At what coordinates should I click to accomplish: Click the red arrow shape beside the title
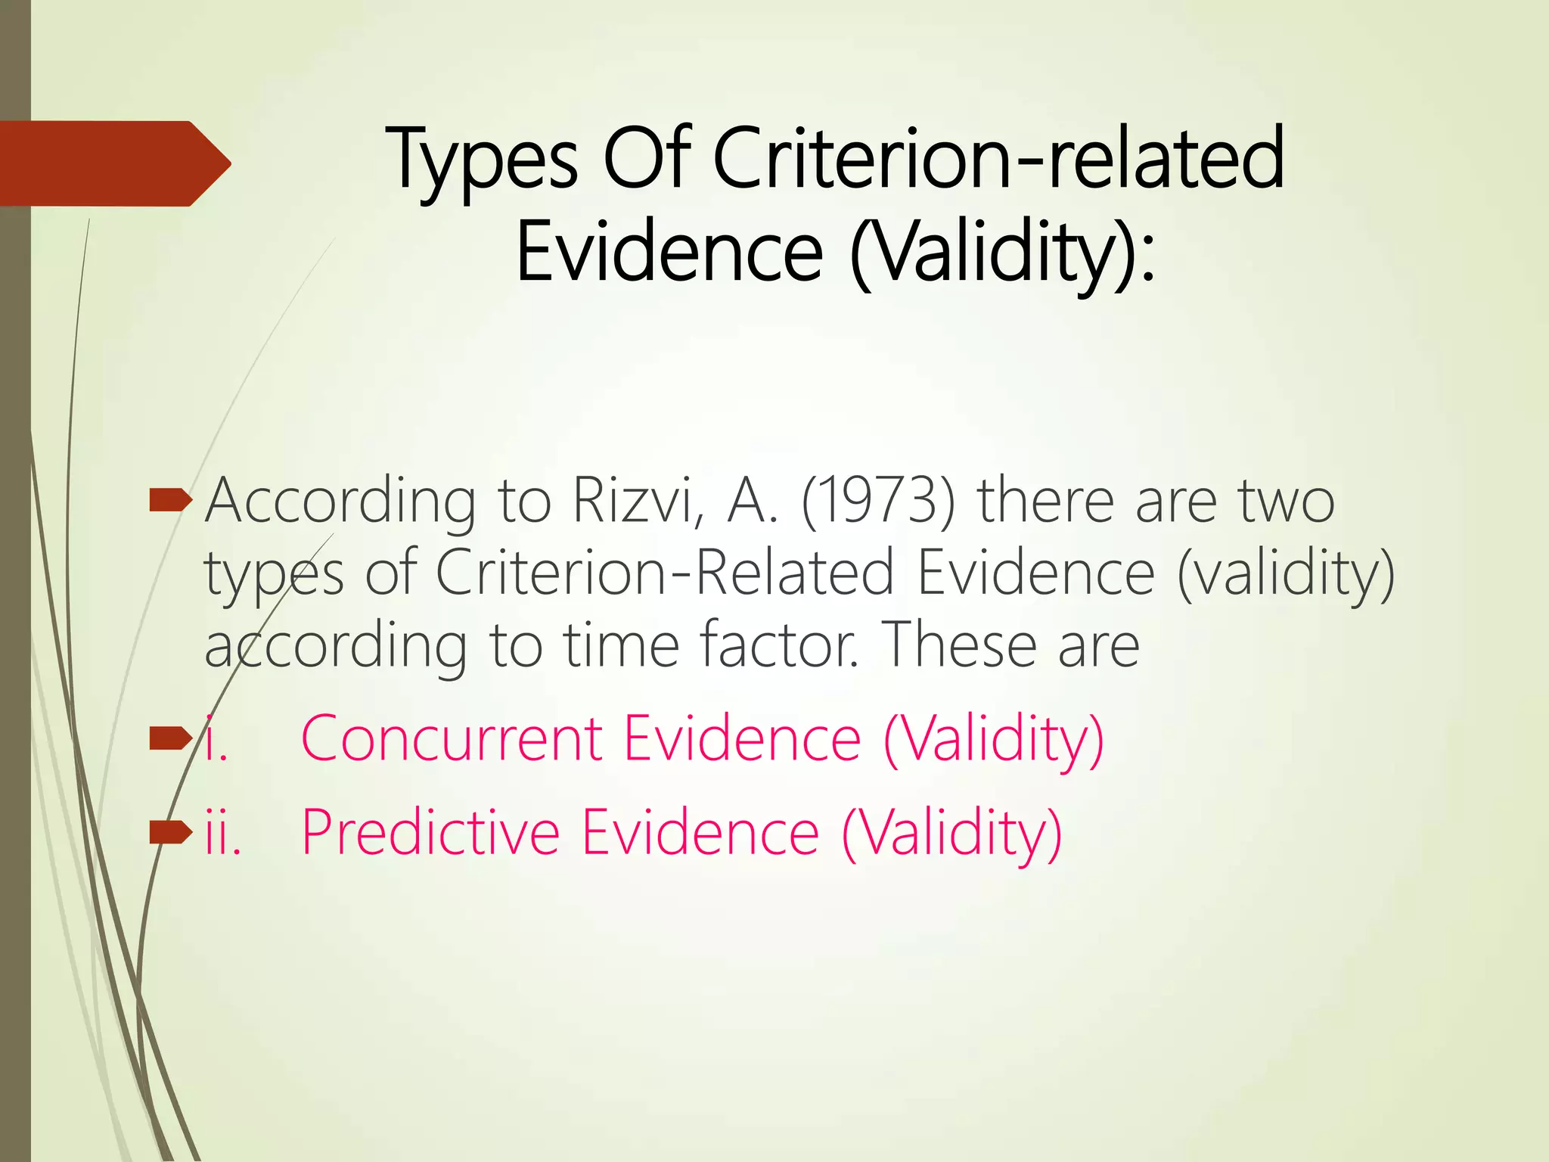point(113,163)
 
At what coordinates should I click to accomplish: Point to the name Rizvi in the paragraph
point(633,501)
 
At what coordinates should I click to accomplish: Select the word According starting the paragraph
point(340,502)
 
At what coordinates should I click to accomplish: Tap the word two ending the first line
point(1286,501)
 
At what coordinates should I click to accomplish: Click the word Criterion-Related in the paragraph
point(665,573)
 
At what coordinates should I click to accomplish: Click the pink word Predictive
point(430,832)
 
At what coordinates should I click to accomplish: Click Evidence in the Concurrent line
point(742,738)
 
